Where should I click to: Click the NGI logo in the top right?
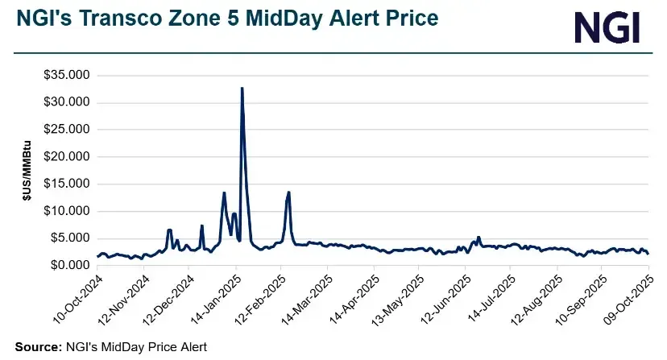pyautogui.click(x=607, y=28)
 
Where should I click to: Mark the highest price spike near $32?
pyautogui.click(x=242, y=89)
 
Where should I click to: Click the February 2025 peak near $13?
pyautogui.click(x=288, y=192)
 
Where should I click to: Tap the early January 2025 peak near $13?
pyautogui.click(x=224, y=193)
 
